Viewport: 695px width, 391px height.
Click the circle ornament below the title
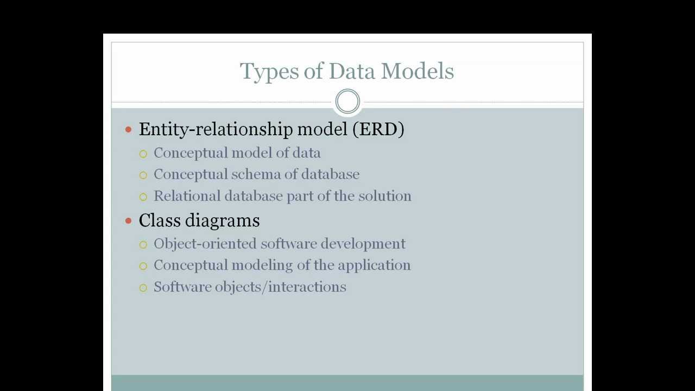[x=347, y=102]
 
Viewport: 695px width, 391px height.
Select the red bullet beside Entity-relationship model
[x=129, y=129]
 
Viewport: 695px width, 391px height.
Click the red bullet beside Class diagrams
[x=129, y=220]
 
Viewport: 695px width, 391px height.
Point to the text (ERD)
[x=378, y=129]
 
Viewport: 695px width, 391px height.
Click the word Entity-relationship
[x=216, y=129]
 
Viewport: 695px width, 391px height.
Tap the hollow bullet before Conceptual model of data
[x=143, y=154]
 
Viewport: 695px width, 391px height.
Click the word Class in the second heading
[x=158, y=220]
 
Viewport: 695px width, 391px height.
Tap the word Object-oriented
[x=205, y=244]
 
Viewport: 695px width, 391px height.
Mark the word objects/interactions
[x=280, y=287]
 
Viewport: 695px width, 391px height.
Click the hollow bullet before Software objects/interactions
[x=143, y=288]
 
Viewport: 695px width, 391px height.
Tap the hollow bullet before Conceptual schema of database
[x=143, y=175]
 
